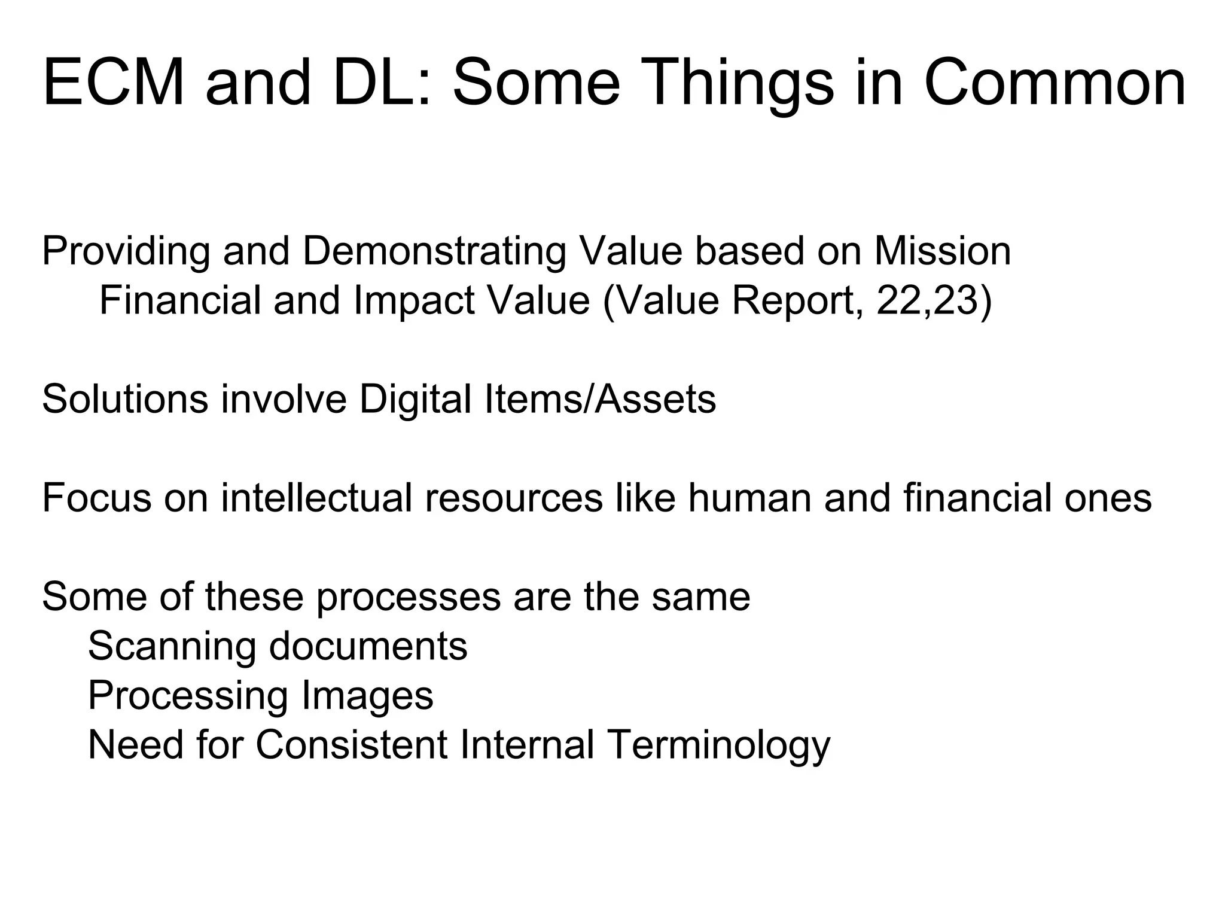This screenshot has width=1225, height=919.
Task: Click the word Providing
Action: point(126,251)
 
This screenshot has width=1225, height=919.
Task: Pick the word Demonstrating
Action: point(434,251)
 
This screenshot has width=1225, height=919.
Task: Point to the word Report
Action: point(798,300)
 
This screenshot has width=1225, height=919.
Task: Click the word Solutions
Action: point(125,399)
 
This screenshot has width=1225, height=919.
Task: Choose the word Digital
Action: point(415,399)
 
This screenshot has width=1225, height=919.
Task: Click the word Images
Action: point(367,696)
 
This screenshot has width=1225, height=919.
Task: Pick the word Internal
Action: point(527,745)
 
